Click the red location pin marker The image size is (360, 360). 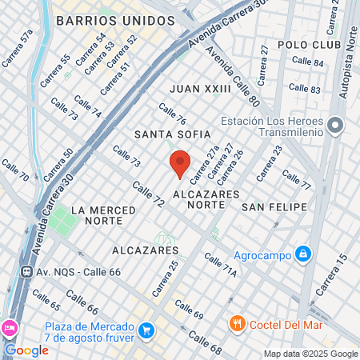[179, 163]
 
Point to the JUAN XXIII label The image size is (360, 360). [201, 89]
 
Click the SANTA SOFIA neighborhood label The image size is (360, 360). [173, 134]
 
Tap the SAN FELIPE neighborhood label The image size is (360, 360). [274, 207]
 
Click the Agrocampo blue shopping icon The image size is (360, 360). [302, 254]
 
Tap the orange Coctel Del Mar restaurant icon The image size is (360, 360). [237, 323]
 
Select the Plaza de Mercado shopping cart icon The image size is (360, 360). [146, 330]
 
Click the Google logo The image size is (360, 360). [27, 350]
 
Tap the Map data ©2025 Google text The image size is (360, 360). [311, 354]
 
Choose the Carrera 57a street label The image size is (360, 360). [17, 47]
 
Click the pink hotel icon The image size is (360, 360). [9, 328]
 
